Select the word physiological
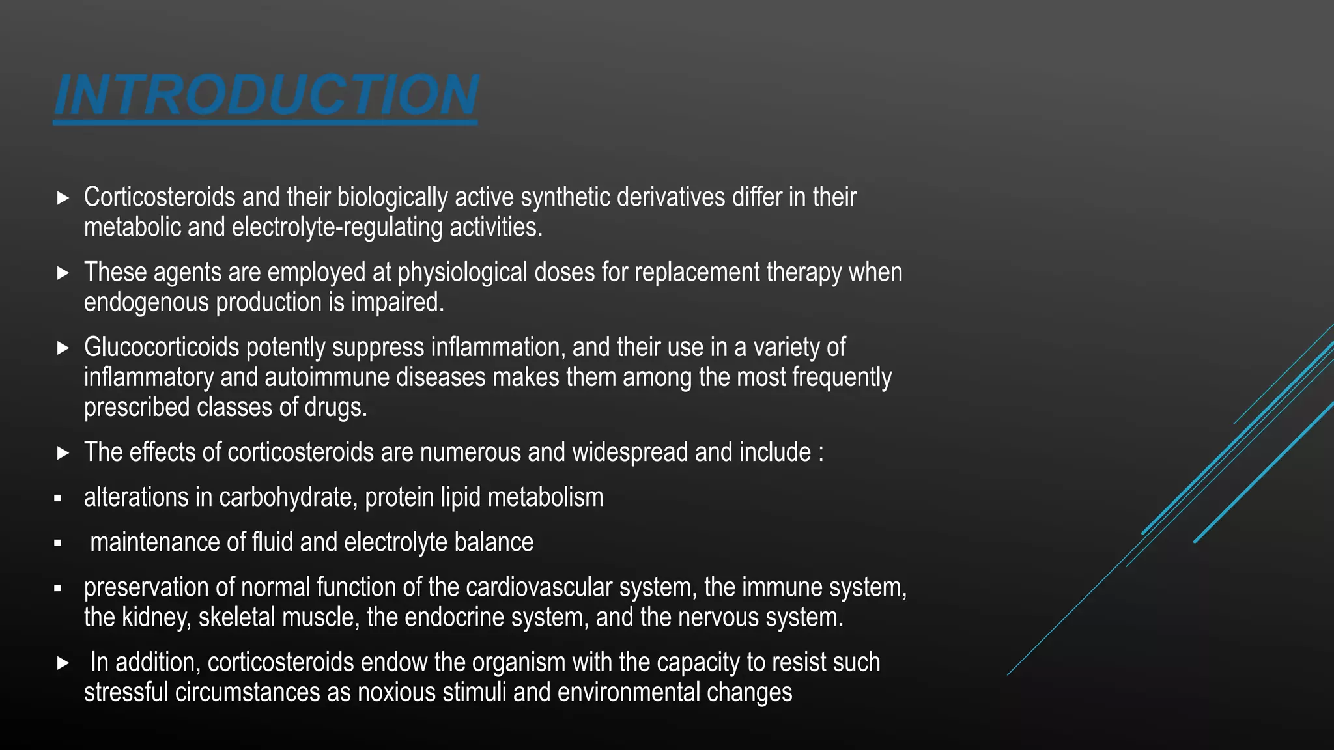pos(462,272)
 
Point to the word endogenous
pos(147,303)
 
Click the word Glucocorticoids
pos(162,348)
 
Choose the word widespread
pos(630,452)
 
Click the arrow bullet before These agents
pos(63,273)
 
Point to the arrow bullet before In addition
pos(63,663)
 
